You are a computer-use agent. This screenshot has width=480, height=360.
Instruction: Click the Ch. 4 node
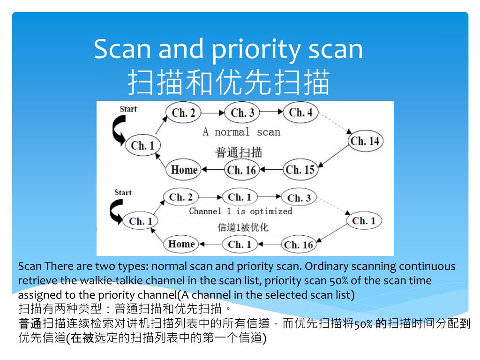click(300, 112)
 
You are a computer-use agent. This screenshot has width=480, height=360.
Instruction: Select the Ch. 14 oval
click(365, 141)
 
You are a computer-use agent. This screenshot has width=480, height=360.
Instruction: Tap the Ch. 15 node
click(300, 169)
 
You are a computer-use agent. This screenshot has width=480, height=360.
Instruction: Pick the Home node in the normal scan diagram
click(183, 170)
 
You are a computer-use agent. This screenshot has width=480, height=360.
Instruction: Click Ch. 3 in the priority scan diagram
click(299, 198)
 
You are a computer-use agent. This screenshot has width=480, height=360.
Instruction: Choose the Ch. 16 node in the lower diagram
click(299, 245)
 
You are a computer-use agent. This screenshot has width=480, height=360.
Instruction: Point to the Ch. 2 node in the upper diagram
click(183, 112)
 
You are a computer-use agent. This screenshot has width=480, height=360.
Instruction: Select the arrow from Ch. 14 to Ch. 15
click(334, 156)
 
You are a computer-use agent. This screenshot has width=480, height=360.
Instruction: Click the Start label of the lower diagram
click(123, 193)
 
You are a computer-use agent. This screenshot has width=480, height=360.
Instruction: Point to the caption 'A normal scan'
click(241, 132)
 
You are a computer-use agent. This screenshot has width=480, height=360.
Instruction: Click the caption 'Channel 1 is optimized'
click(240, 211)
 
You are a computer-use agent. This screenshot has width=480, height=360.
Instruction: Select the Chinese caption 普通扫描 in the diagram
click(239, 152)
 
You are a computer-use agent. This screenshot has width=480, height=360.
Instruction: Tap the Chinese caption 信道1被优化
click(243, 227)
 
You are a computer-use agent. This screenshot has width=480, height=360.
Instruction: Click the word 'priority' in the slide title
click(255, 50)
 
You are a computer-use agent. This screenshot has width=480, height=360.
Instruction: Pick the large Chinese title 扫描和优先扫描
click(229, 82)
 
